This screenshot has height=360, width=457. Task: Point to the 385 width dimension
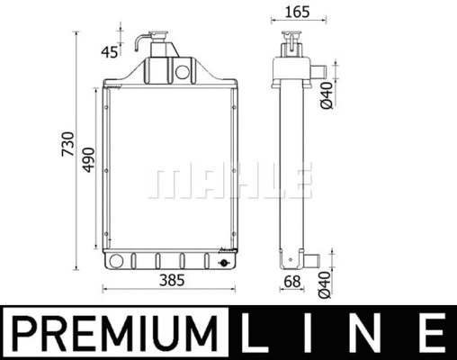click(x=171, y=280)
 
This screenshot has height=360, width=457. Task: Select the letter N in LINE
click(x=369, y=333)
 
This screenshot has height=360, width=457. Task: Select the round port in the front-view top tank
click(x=185, y=69)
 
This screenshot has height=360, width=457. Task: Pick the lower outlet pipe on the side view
click(x=311, y=261)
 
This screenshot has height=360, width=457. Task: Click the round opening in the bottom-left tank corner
click(x=113, y=261)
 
